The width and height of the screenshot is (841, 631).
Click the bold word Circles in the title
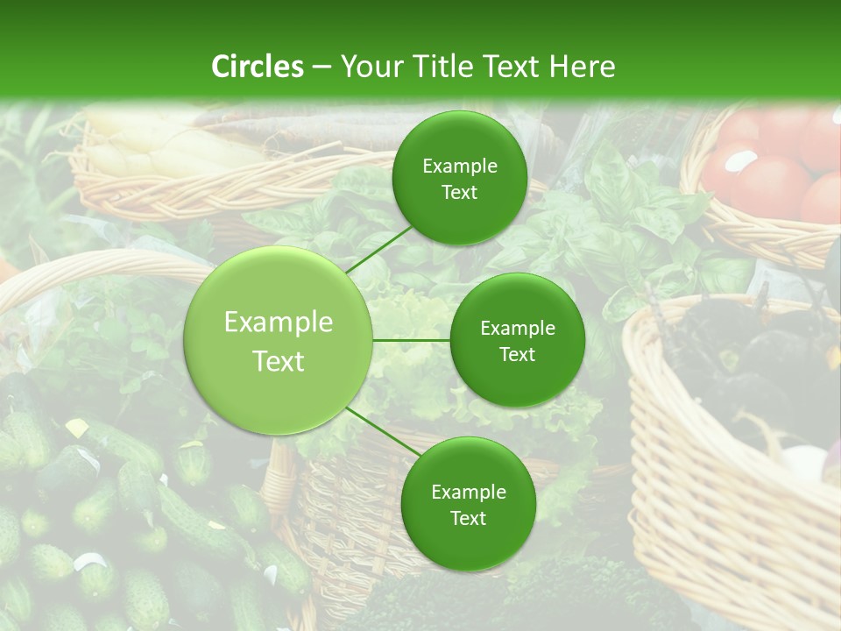(258, 67)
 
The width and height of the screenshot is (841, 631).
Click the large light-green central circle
(279, 340)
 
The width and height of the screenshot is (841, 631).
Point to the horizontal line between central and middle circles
(412, 340)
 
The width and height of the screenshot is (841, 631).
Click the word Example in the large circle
(279, 323)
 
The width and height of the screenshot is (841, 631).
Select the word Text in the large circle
(279, 361)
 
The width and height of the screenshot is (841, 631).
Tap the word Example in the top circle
(460, 167)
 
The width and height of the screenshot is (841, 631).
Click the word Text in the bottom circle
(468, 519)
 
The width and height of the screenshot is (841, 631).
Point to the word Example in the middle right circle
(518, 329)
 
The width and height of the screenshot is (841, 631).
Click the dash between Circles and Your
(322, 67)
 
